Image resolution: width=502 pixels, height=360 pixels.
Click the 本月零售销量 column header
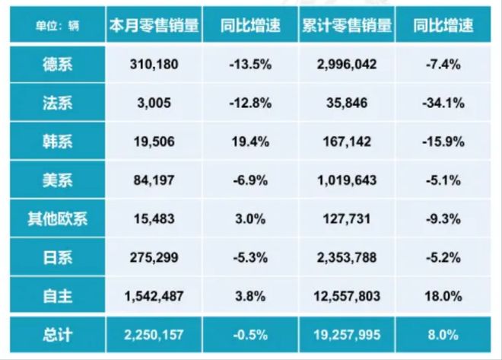(154, 25)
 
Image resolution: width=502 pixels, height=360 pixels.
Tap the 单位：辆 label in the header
(57, 26)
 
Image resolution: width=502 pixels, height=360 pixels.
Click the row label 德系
(57, 64)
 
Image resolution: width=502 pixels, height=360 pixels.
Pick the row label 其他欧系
(57, 219)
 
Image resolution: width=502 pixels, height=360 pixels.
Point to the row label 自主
(57, 297)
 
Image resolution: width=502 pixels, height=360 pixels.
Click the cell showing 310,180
(154, 64)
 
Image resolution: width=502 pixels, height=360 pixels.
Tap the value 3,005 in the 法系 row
(154, 103)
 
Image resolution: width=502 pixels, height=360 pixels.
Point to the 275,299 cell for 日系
(154, 258)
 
